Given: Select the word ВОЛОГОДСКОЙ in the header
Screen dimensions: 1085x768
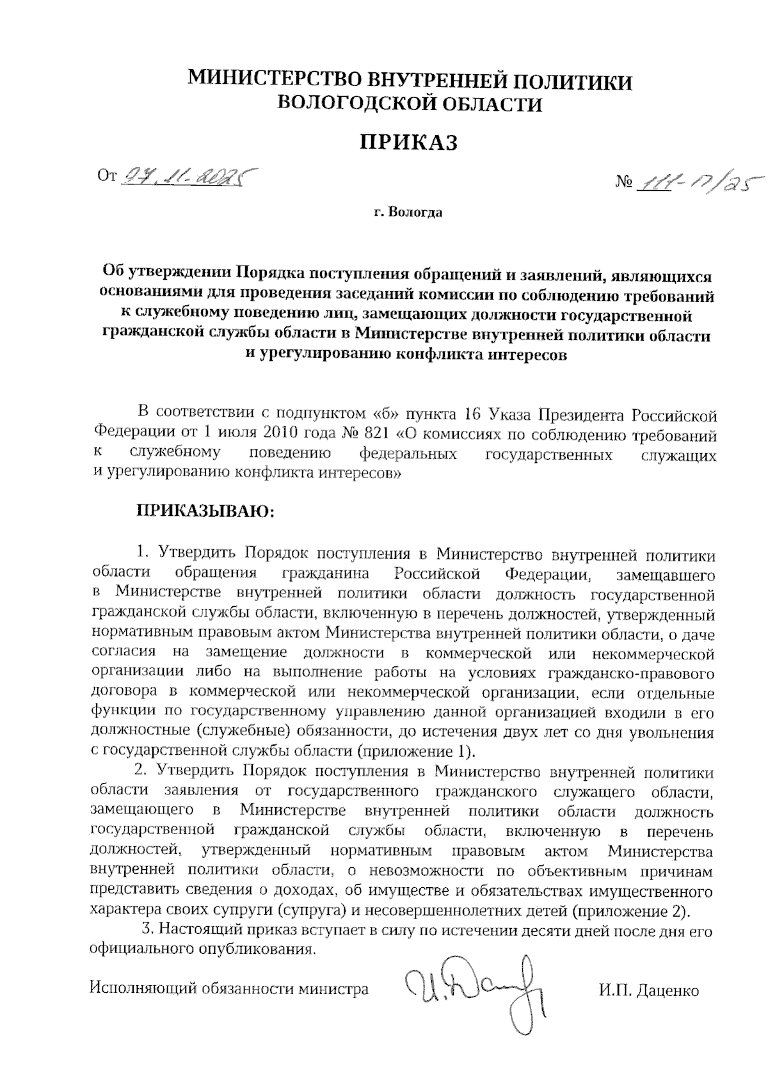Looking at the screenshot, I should [358, 103].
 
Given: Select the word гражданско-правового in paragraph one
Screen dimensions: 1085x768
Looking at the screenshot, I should [630, 673].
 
